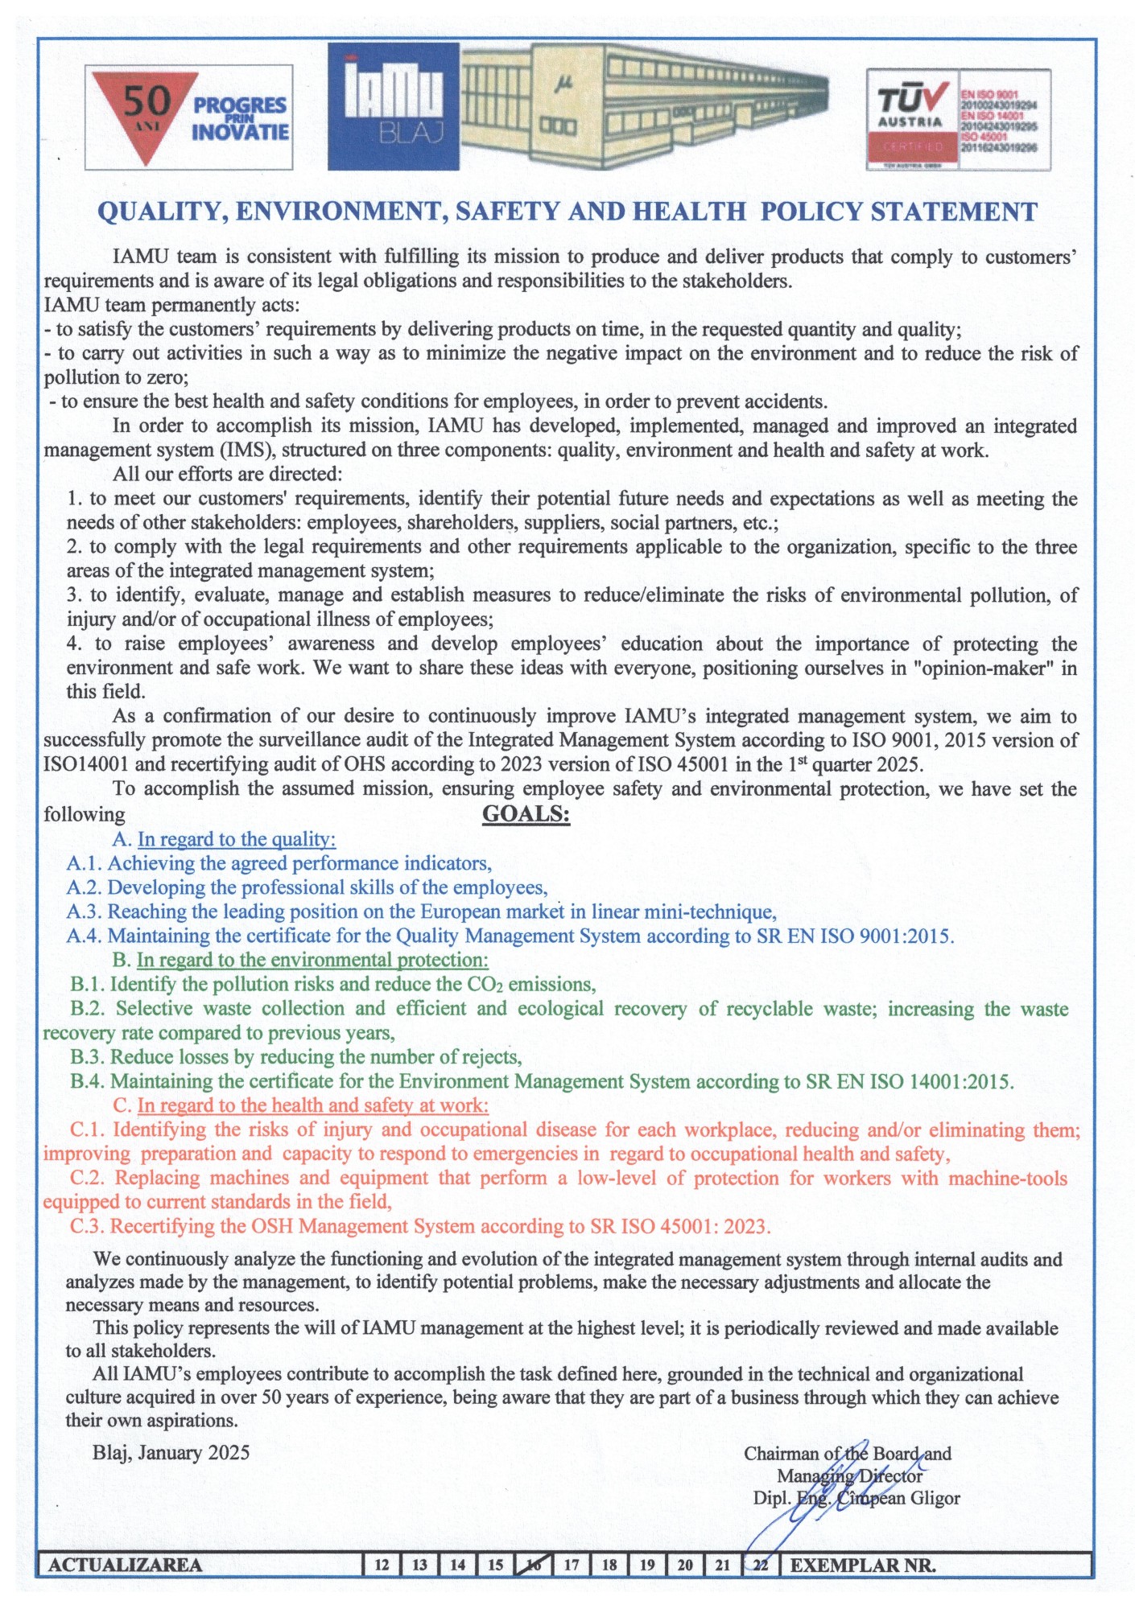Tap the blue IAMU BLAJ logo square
(x=394, y=106)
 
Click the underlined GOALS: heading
(x=526, y=814)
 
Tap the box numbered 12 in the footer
(x=382, y=1565)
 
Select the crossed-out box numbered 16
(x=534, y=1565)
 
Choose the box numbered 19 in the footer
(x=647, y=1565)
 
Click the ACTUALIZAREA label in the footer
(x=125, y=1565)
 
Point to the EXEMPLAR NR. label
(x=862, y=1565)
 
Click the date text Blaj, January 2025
(x=171, y=1452)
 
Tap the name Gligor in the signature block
(x=935, y=1498)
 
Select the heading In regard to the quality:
(x=236, y=839)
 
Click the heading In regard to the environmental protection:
(x=312, y=960)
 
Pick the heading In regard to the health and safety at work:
(x=312, y=1105)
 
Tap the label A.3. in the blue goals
(x=85, y=911)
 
